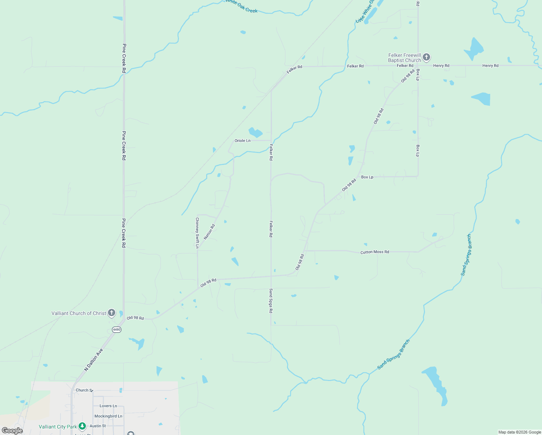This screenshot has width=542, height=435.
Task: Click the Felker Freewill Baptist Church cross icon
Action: point(426,57)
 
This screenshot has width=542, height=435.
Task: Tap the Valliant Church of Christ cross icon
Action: point(112,312)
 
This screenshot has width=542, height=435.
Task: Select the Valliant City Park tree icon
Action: point(82,426)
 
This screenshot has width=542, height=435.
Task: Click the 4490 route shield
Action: point(116,330)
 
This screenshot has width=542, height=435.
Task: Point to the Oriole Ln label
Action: point(242,141)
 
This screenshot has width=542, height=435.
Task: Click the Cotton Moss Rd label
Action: point(375,252)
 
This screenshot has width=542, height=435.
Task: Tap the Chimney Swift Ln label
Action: point(197,233)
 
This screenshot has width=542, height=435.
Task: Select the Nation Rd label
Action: point(209,232)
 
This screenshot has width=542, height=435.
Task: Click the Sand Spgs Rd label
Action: point(271,301)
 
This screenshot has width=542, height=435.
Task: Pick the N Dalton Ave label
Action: point(94,360)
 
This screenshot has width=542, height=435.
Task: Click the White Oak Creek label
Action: point(242,7)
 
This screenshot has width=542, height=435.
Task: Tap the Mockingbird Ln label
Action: point(108,416)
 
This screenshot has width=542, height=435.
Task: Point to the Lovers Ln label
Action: point(108,406)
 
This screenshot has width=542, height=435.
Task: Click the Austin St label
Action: point(98,426)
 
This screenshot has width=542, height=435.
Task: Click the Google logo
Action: point(12,431)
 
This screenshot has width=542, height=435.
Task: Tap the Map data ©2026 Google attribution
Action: point(520,432)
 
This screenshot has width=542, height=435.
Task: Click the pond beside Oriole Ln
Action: point(255,132)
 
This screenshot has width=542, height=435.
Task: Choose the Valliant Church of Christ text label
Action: point(79,313)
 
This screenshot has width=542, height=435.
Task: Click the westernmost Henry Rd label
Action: point(441,66)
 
